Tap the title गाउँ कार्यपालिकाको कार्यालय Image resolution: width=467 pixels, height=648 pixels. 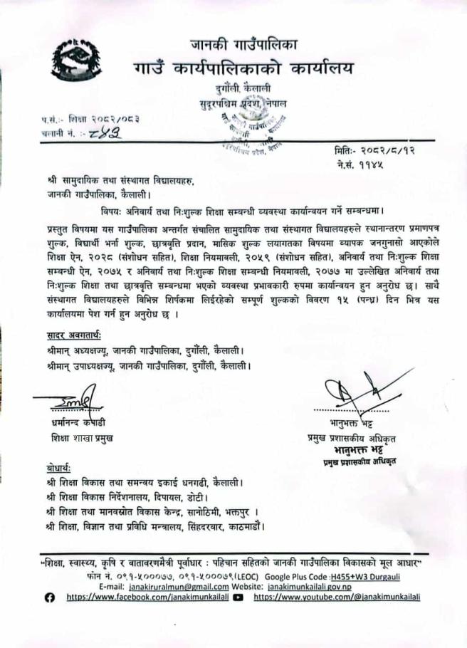point(243,70)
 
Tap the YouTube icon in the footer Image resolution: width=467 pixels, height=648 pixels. point(238,597)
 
